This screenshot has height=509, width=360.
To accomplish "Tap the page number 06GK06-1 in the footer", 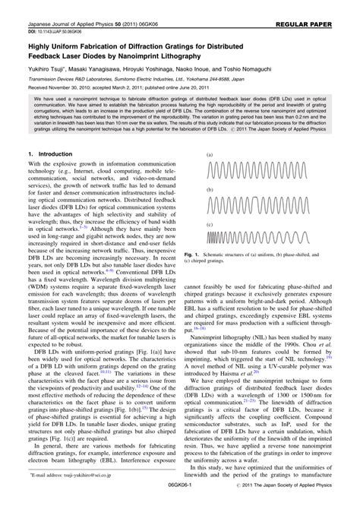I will [x=179, y=501].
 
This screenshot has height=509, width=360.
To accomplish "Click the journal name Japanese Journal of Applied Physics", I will [x=61, y=6].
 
